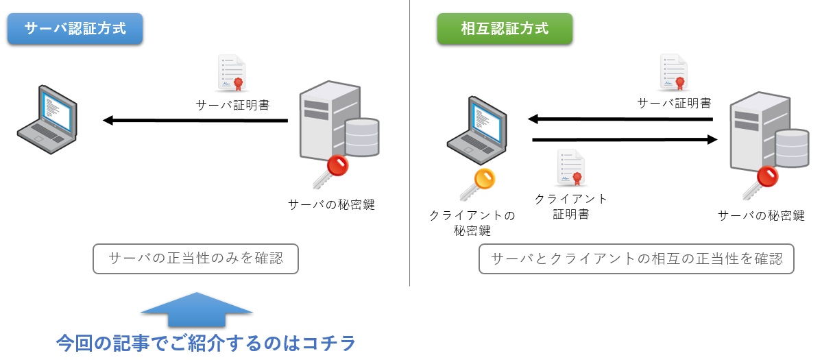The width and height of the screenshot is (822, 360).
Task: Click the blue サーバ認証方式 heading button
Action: pos(75,29)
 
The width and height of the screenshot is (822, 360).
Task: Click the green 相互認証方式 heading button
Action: pos(505,29)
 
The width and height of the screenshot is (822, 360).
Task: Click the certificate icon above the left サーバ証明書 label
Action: pos(231,74)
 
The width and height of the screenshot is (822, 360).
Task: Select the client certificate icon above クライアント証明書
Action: pos(570,169)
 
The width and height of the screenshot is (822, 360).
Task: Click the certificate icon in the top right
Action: pos(673,73)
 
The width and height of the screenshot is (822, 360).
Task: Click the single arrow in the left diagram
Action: pos(195,121)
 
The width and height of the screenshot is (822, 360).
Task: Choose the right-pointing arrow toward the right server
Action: pos(625,141)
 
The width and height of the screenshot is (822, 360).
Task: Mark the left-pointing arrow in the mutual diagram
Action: pos(620,120)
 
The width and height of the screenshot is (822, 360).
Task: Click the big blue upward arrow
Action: pos(197,311)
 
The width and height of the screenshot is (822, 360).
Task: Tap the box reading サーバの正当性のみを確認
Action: pos(195,259)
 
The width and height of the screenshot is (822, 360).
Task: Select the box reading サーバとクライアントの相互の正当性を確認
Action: pos(636,259)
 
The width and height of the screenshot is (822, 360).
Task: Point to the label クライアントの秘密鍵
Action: pos(472,223)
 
